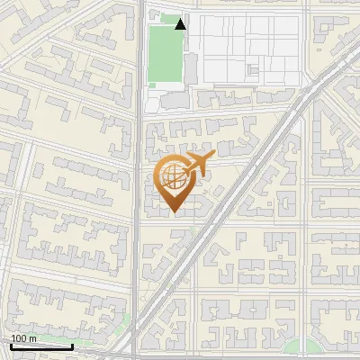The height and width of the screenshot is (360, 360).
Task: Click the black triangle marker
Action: [x=181, y=23]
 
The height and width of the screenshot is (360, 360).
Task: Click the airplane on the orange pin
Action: [x=197, y=164]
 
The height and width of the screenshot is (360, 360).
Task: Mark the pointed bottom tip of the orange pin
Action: [x=174, y=212]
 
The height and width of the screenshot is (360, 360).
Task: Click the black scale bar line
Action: [x=41, y=346]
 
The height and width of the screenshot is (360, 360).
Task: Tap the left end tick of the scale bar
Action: [x=11, y=345]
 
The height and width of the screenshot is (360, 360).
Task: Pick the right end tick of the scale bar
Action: [x=72, y=345]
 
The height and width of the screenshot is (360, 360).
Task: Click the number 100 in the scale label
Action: [x=19, y=338]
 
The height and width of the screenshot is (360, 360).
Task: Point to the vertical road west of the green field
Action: [x=141, y=54]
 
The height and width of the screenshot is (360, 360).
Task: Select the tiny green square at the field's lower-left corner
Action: [x=150, y=85]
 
